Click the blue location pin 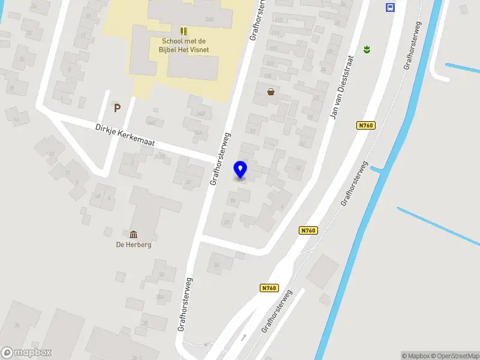(241, 169)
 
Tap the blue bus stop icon (390, 7)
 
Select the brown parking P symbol (118, 108)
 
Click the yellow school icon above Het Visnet (184, 31)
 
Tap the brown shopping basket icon (271, 92)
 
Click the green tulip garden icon (366, 49)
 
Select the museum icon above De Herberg (133, 234)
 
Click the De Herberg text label (133, 245)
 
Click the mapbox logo (26, 353)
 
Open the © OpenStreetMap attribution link (454, 356)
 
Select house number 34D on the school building (209, 19)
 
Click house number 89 (233, 200)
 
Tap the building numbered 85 (217, 265)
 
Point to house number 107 (272, 48)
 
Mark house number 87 (226, 223)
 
